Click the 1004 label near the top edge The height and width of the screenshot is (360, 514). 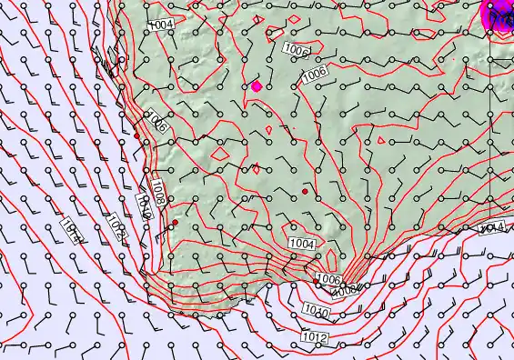pos(162,24)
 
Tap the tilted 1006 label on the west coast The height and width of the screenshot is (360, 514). pos(156,121)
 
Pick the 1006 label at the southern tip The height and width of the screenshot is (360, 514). pos(328,279)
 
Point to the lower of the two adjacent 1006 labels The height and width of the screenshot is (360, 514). pos(315,72)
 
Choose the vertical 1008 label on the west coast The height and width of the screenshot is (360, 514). pos(158,191)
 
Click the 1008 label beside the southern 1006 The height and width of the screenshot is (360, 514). pos(347,291)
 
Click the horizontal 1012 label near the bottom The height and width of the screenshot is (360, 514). pos(315,338)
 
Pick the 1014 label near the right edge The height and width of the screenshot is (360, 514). pos(491,225)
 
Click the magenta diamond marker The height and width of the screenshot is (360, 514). pos(257,86)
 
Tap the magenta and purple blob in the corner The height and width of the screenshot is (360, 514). pos(498,14)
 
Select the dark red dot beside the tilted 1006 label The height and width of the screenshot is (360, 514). pos(136,135)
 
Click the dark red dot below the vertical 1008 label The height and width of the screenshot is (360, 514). pos(175,223)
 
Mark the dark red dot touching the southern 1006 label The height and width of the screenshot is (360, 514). pos(317,283)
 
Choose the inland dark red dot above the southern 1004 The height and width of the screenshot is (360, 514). pos(305,192)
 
